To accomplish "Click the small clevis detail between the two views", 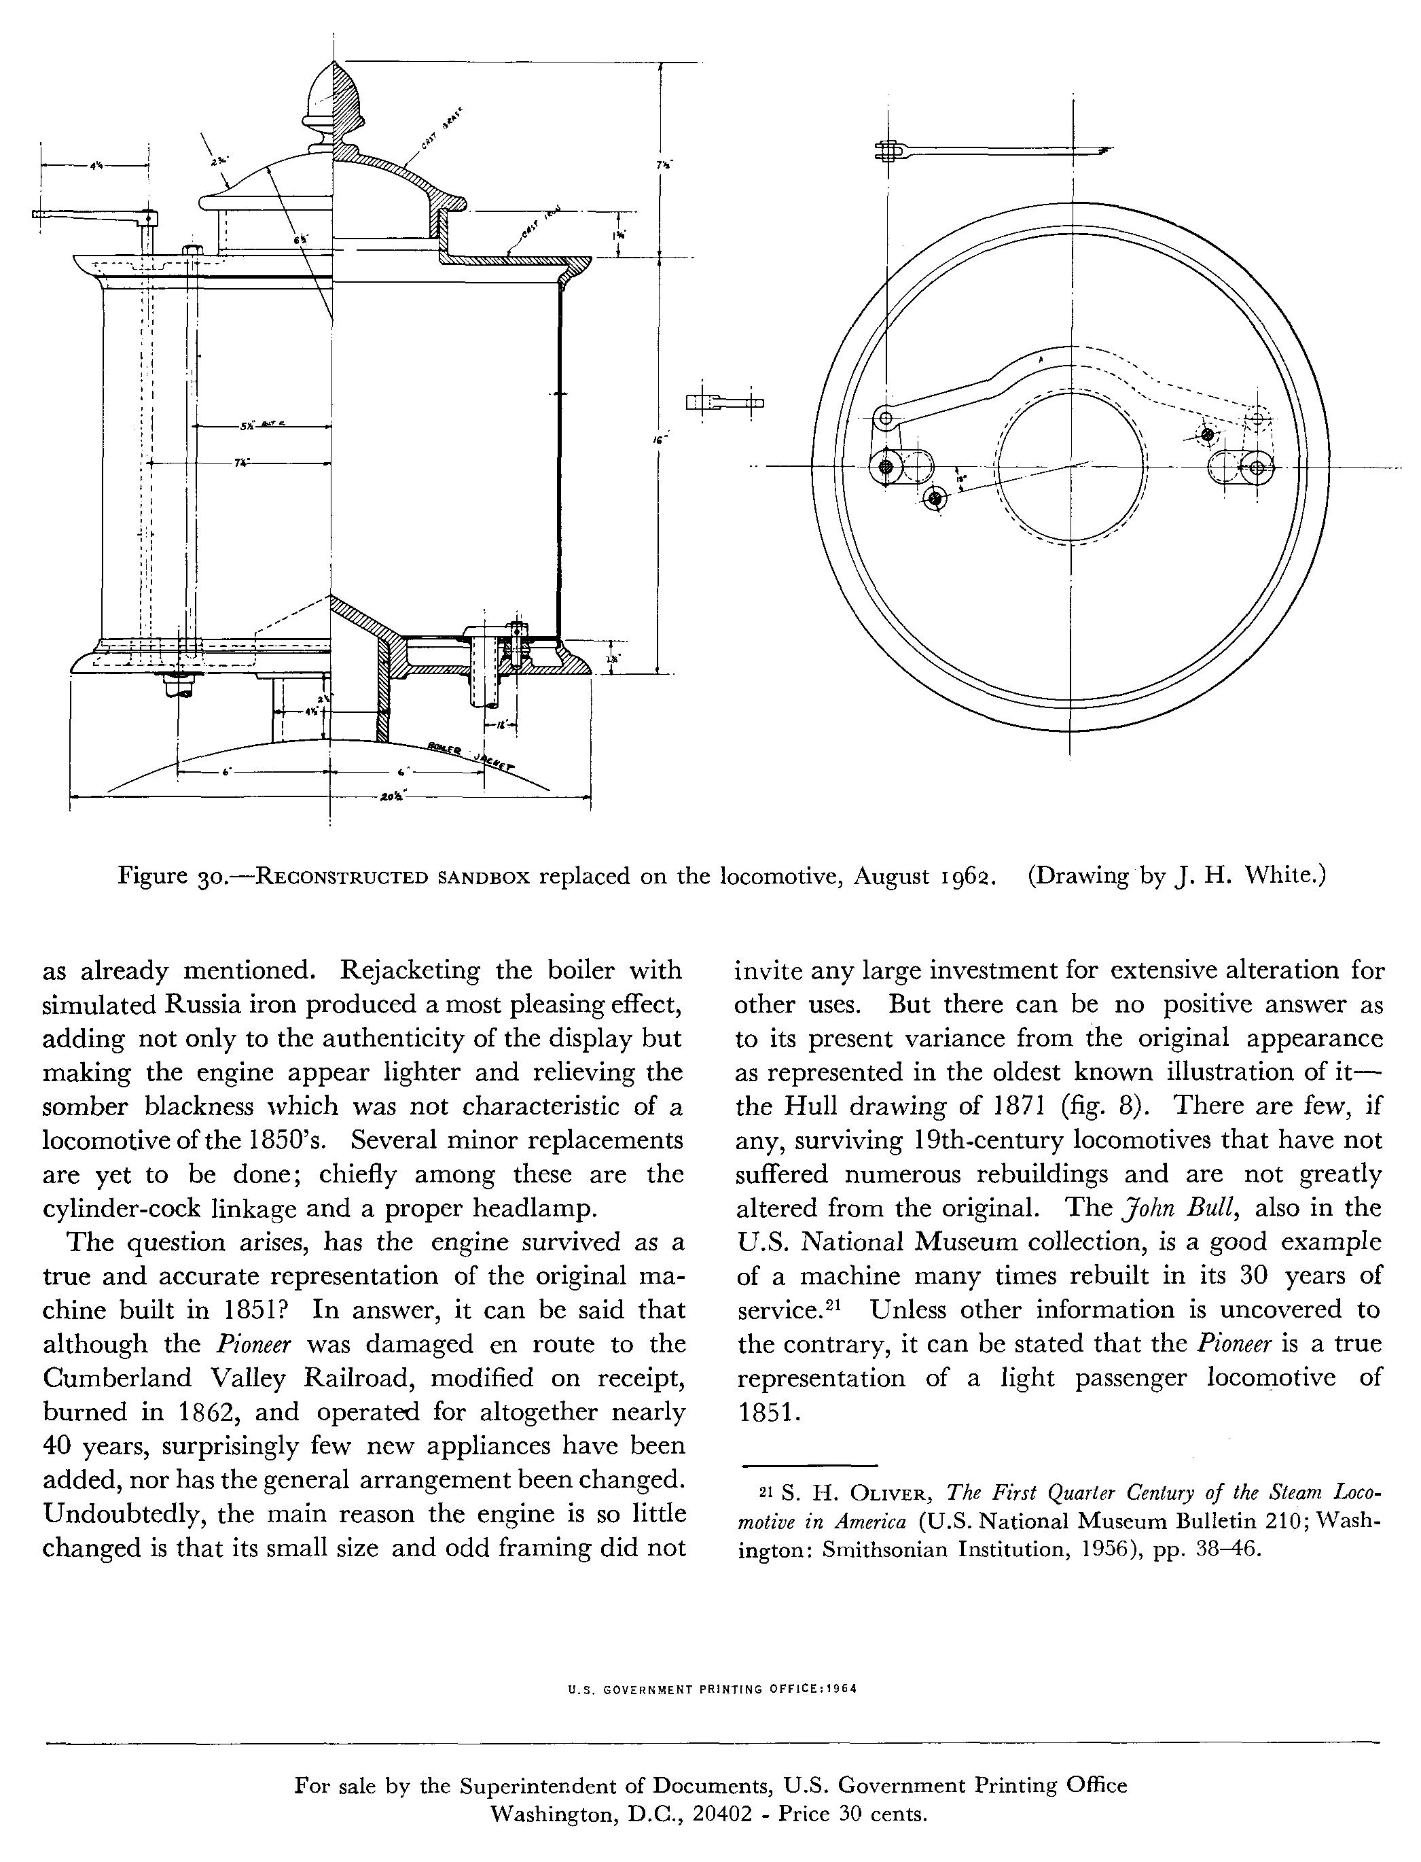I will [x=724, y=403].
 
